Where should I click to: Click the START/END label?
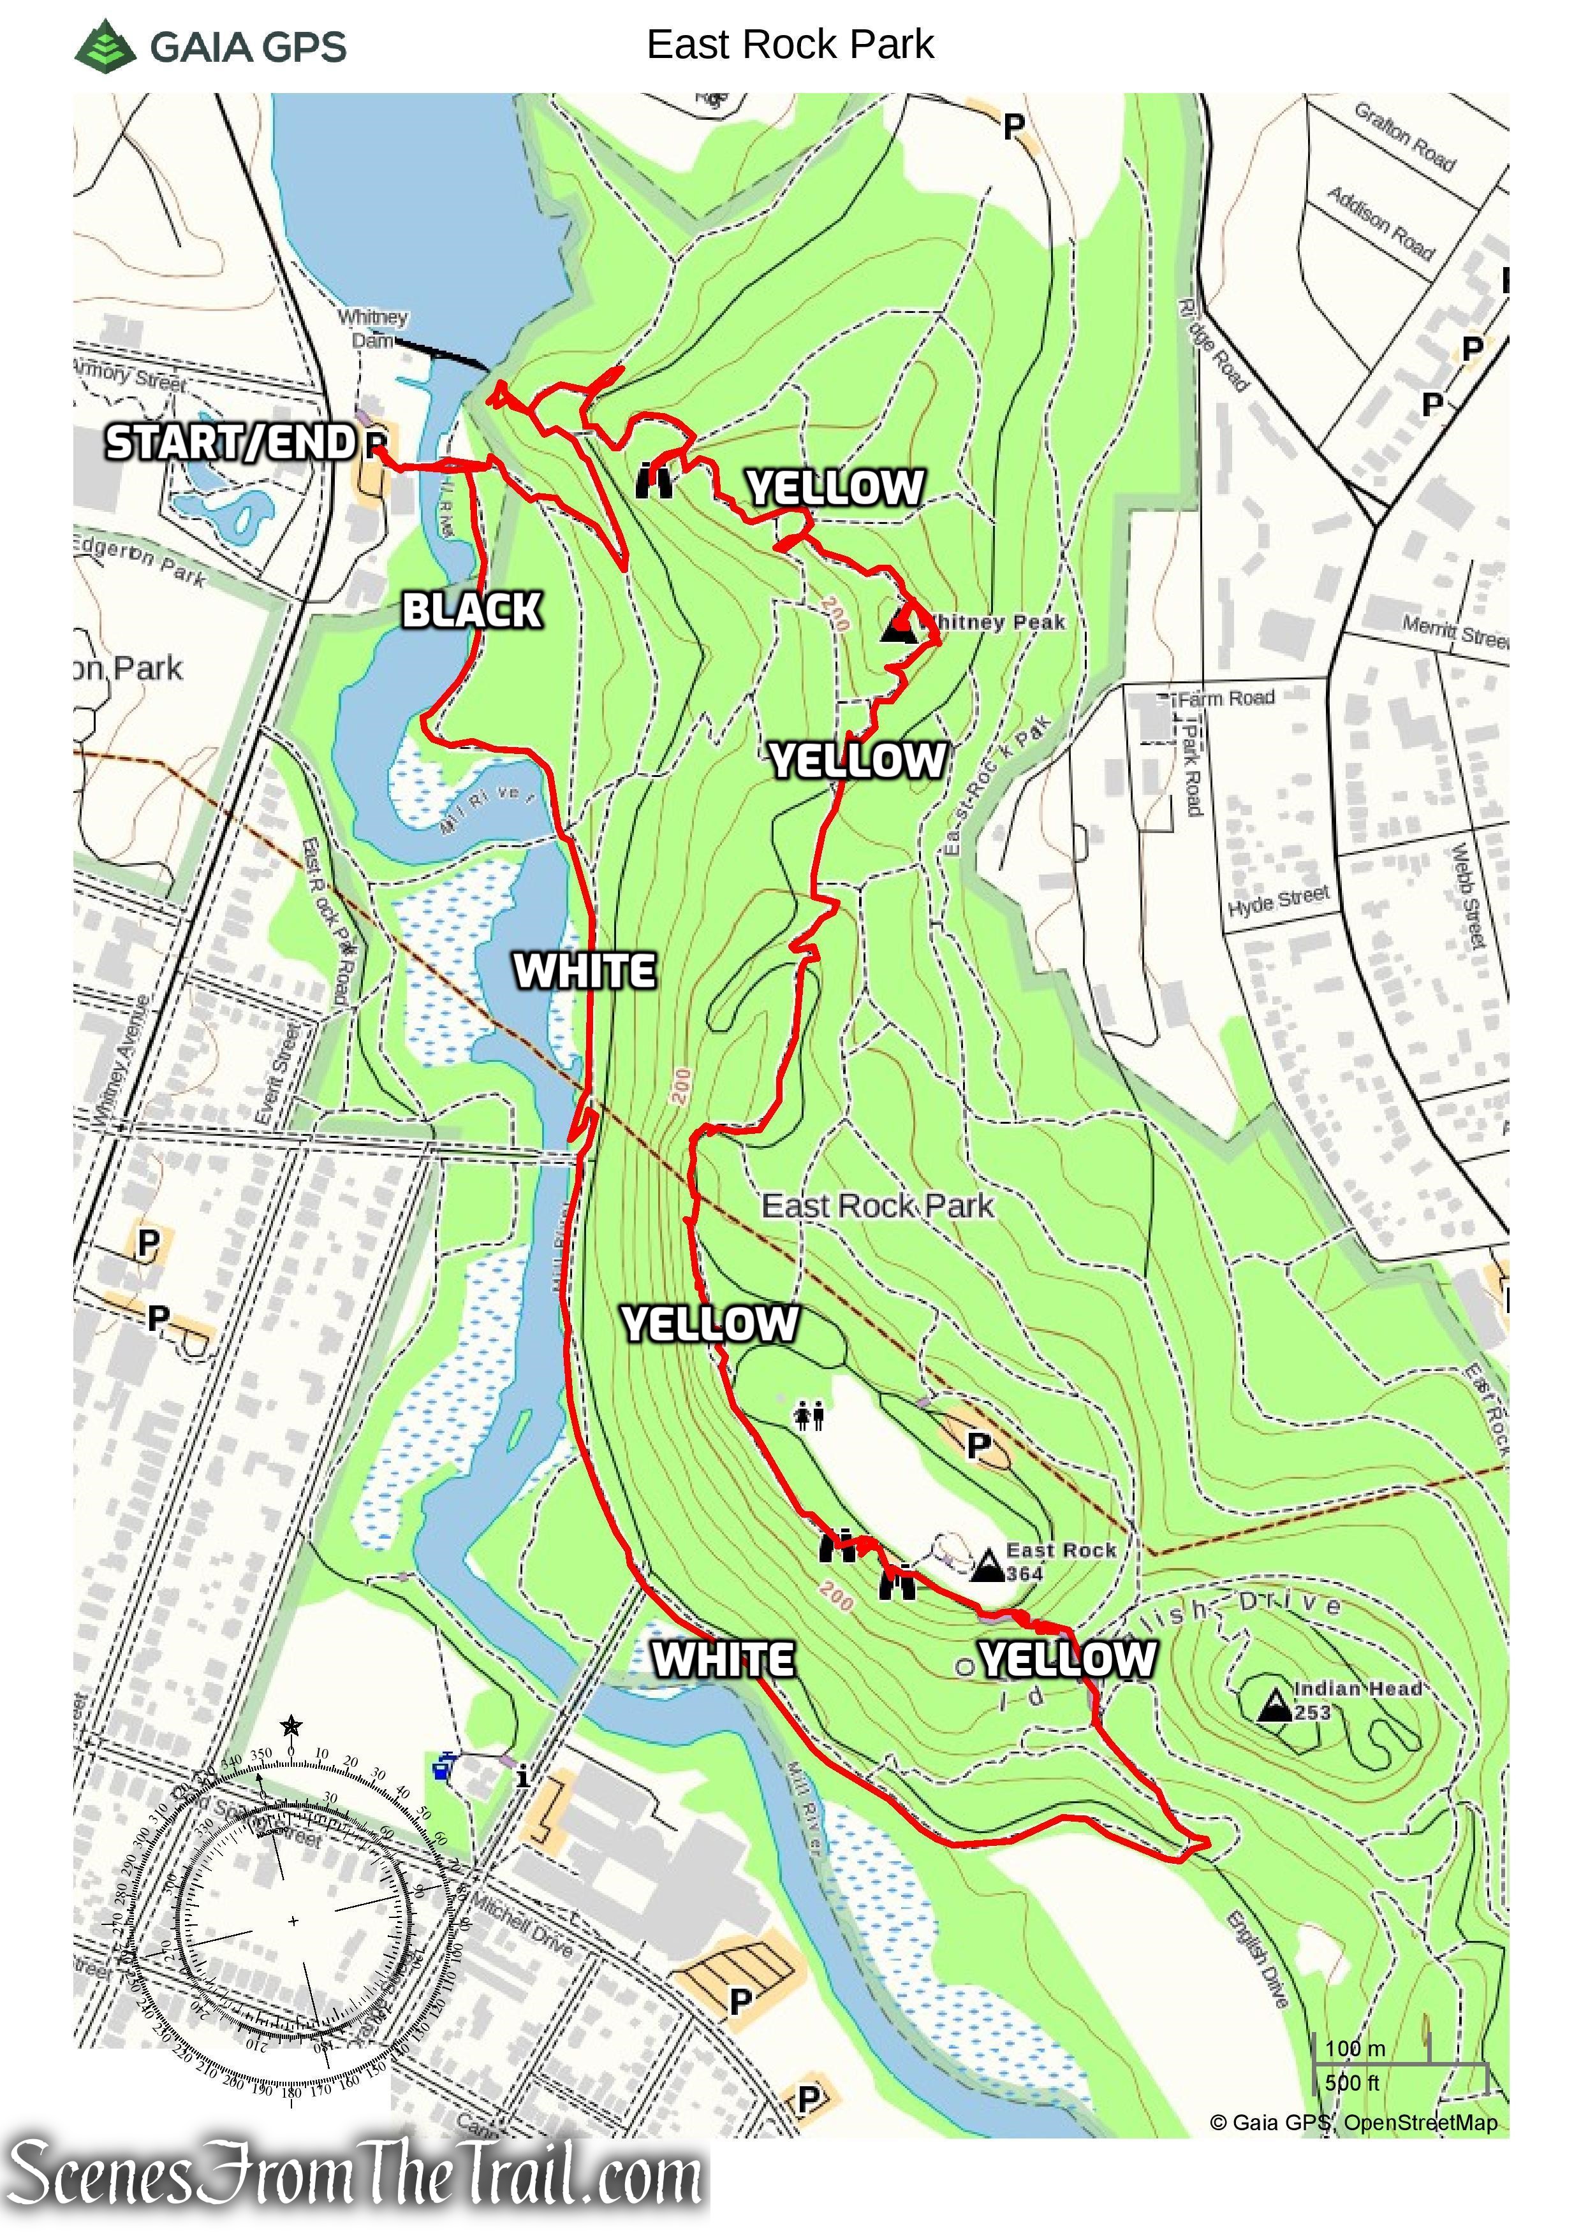(x=230, y=443)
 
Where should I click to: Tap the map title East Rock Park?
(x=790, y=45)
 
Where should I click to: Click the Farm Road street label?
(x=1224, y=698)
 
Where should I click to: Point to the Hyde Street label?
(x=1278, y=900)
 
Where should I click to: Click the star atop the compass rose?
(x=290, y=1727)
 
